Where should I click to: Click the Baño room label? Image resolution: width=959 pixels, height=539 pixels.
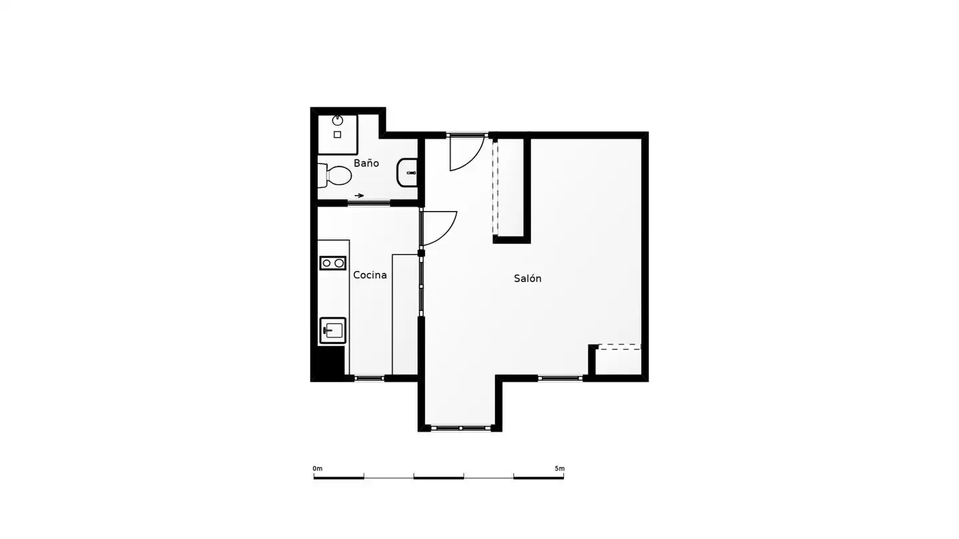pos(366,163)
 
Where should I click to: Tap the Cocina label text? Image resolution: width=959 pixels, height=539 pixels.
pos(370,275)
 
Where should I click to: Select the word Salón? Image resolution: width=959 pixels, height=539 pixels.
pos(527,278)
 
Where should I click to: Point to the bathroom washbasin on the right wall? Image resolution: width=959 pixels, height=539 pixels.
pos(407,173)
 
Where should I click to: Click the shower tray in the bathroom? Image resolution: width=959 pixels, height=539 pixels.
pos(338,134)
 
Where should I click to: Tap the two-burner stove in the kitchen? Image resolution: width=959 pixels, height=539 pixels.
pos(333,263)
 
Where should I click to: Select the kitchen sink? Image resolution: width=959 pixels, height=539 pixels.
pos(333,331)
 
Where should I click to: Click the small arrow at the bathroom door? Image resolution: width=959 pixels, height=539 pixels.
pos(359,196)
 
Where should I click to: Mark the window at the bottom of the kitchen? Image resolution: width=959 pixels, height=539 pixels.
pos(370,378)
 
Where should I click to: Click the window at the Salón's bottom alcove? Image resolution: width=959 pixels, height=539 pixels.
pos(461,428)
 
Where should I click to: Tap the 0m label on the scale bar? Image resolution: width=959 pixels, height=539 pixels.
pos(317,468)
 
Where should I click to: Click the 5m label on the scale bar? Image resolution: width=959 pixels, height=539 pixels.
pos(559,468)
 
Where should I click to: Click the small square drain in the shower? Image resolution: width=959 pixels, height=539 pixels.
pos(338,134)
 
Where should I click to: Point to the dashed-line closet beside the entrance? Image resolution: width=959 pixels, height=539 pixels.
pos(509,188)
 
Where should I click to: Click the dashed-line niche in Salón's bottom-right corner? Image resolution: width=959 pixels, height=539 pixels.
pos(618,360)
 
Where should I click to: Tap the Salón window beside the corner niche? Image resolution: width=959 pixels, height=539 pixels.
pos(561,378)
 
